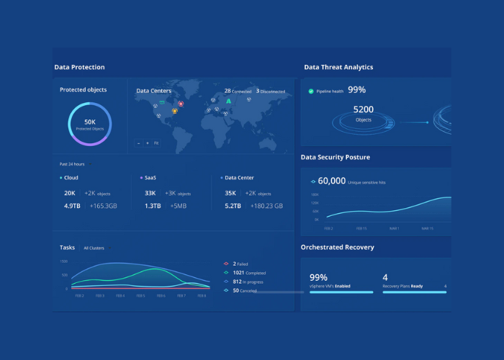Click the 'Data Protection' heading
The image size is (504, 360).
79,67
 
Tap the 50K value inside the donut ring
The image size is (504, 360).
90,122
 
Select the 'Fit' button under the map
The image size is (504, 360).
156,143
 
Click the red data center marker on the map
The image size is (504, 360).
181,104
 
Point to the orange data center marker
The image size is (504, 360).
174,112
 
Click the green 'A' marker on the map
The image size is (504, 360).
228,102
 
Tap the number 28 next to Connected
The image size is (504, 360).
228,91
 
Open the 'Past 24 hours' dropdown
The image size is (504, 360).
73,164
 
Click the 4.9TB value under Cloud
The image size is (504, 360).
73,206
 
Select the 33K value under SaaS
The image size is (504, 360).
150,193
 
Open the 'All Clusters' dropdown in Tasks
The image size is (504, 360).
95,248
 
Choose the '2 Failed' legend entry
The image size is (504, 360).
240,264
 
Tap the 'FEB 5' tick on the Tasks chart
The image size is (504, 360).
140,296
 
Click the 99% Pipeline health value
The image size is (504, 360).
356,90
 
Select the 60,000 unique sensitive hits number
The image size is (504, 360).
332,181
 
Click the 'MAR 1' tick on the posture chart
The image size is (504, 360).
394,228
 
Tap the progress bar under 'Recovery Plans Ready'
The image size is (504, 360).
414,292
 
